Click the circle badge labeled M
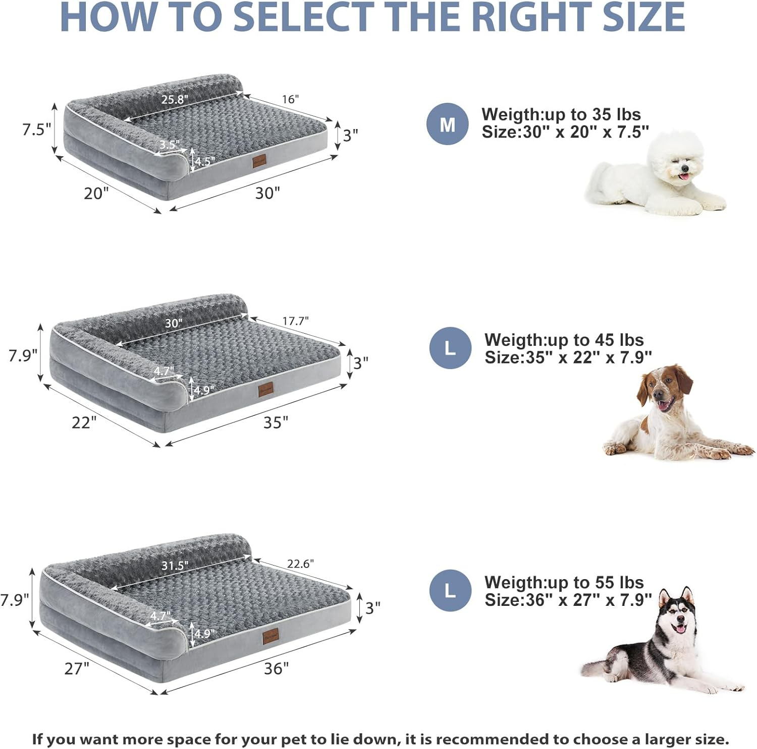[x=447, y=124]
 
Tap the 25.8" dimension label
[x=175, y=99]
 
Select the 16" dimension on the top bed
[x=290, y=99]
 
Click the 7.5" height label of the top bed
[x=36, y=130]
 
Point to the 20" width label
[x=96, y=193]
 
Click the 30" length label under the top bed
[x=267, y=193]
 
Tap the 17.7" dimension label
[x=295, y=321]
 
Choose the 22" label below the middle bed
[x=84, y=422]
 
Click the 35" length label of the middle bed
[x=276, y=422]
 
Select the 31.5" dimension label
[x=175, y=566]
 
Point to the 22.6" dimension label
[x=300, y=564]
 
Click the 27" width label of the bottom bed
[x=77, y=668]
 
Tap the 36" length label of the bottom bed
[x=276, y=668]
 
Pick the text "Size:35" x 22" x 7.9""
[x=568, y=357]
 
